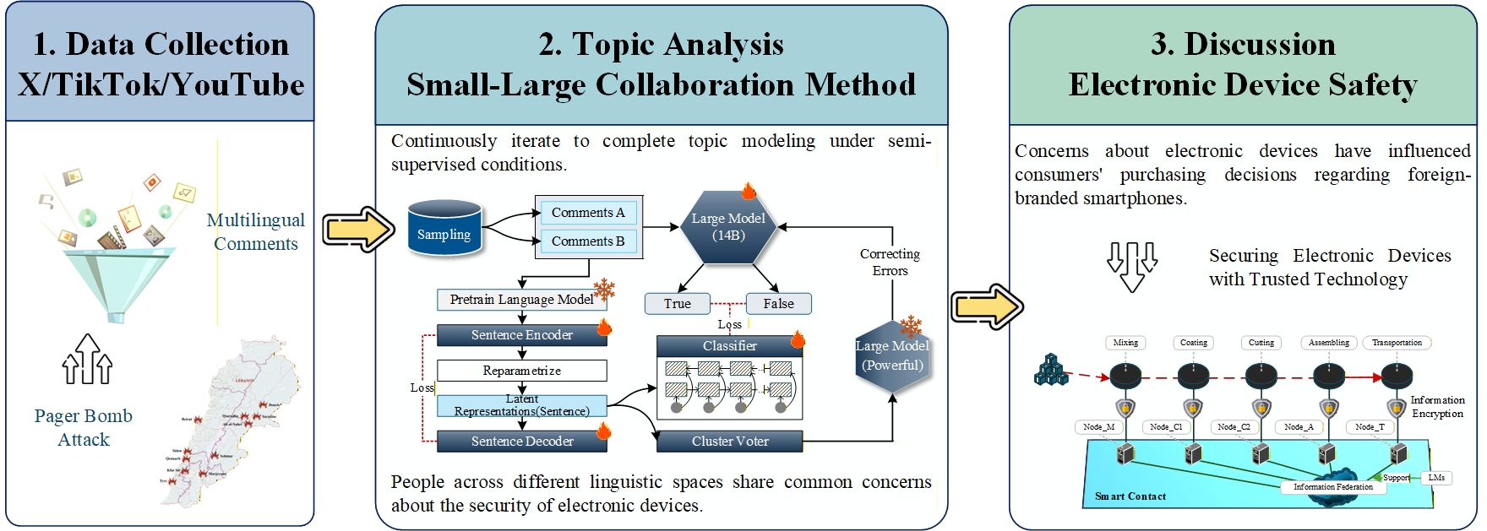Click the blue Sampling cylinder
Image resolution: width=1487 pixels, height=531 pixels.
[444, 228]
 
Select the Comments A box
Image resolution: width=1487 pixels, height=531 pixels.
[588, 213]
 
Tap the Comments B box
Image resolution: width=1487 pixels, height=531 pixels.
[588, 241]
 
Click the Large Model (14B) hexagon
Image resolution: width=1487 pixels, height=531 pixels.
[728, 227]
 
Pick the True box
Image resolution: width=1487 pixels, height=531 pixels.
[677, 304]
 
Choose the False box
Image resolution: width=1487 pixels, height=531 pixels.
[778, 304]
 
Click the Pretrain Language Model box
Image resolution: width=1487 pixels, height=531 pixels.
[521, 300]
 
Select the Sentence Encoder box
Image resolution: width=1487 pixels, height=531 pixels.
[521, 335]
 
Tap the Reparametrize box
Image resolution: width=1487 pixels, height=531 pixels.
[521, 371]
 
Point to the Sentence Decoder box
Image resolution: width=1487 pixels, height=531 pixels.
[521, 442]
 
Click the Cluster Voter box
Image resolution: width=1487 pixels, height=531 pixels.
[730, 442]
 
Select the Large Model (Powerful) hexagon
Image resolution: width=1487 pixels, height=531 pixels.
[892, 356]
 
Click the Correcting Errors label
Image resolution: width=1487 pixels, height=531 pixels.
[890, 263]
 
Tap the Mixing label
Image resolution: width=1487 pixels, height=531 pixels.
[1125, 343]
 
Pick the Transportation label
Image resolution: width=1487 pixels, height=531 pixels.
[1397, 343]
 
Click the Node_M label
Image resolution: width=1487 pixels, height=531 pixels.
[1098, 427]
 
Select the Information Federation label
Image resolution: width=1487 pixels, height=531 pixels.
[1332, 487]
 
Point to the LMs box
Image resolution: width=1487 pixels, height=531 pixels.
[1436, 478]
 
